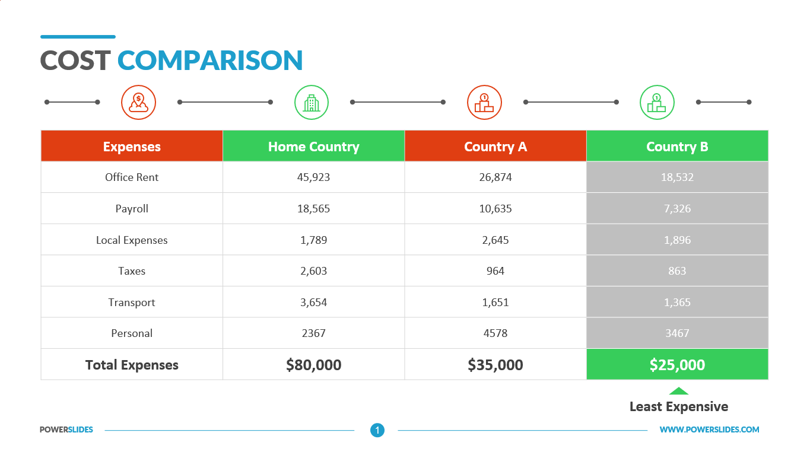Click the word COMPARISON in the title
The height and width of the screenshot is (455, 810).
pyautogui.click(x=209, y=60)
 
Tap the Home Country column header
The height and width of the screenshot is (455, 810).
pyautogui.click(x=313, y=147)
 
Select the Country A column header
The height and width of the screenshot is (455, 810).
pyautogui.click(x=495, y=147)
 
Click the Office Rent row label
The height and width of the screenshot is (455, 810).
pyautogui.click(x=132, y=177)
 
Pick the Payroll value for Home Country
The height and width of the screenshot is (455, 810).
pyautogui.click(x=313, y=209)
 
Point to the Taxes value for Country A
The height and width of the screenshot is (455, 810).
pyautogui.click(x=495, y=271)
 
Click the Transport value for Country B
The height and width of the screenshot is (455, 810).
pyautogui.click(x=677, y=302)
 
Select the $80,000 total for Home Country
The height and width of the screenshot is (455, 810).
pyautogui.click(x=313, y=365)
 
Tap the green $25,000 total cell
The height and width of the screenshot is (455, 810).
pyautogui.click(x=677, y=364)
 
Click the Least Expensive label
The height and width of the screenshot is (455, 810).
pyautogui.click(x=679, y=406)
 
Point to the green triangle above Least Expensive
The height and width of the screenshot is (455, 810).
pyautogui.click(x=679, y=391)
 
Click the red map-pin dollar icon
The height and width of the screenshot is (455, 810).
pyautogui.click(x=138, y=102)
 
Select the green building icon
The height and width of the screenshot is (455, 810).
pyautogui.click(x=312, y=102)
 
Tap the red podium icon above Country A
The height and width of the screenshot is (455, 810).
pyautogui.click(x=484, y=102)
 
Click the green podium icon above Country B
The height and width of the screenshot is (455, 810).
pyautogui.click(x=657, y=102)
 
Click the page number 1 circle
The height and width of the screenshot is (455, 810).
pyautogui.click(x=377, y=430)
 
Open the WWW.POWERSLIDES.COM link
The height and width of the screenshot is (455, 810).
pyautogui.click(x=709, y=429)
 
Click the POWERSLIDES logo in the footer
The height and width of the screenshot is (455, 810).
pyautogui.click(x=66, y=429)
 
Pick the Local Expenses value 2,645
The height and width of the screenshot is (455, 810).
pyautogui.click(x=495, y=240)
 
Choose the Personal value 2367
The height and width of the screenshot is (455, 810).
pyautogui.click(x=313, y=333)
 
